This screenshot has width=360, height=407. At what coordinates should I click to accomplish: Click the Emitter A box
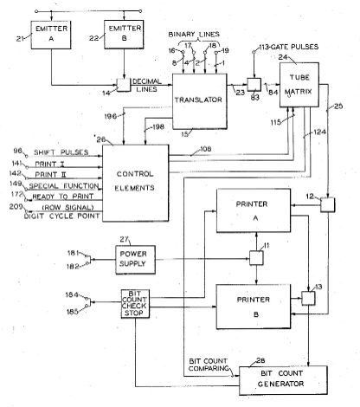[x=51, y=35]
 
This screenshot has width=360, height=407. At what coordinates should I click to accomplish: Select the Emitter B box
[x=124, y=35]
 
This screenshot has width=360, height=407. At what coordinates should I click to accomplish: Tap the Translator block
[x=200, y=101]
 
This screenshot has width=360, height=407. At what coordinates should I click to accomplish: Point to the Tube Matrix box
[x=299, y=85]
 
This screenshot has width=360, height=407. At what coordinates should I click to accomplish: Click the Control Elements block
[x=136, y=183]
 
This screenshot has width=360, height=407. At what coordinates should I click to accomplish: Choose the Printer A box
[x=254, y=210]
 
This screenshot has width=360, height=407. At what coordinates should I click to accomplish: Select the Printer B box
[x=254, y=307]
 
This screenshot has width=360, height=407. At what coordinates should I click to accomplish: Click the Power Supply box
[x=135, y=260]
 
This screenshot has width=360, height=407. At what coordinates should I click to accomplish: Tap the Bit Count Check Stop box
[x=135, y=304]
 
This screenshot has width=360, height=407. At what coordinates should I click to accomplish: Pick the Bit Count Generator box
[x=283, y=380]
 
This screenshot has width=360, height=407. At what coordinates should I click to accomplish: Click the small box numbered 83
[x=254, y=85]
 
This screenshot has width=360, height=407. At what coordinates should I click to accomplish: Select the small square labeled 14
[x=124, y=85]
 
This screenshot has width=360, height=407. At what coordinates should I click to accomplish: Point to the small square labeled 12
[x=328, y=204]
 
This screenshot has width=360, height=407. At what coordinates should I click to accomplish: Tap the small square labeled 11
[x=256, y=258]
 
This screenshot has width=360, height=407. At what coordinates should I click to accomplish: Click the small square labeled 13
[x=308, y=298]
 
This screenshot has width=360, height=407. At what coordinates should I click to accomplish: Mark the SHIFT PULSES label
[x=61, y=152]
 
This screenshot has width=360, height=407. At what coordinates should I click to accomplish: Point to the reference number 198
[x=158, y=126]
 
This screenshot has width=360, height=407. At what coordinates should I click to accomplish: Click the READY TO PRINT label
[x=63, y=197]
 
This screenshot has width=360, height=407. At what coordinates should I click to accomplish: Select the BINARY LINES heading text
[x=194, y=34]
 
